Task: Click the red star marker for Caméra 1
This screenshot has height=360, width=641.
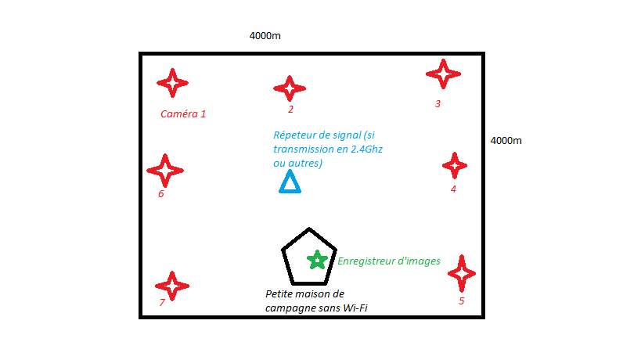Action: pos(172,82)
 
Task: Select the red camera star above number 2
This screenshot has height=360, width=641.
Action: pos(290,89)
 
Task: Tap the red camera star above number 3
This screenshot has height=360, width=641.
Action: pos(443,74)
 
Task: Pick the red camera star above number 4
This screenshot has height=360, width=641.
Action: pos(455,165)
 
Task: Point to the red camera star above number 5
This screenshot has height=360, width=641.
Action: pos(462,272)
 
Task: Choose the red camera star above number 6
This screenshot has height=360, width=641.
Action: pos(165,170)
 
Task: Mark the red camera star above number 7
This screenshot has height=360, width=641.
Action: pos(172,286)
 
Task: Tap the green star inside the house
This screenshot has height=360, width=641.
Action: pos(317,260)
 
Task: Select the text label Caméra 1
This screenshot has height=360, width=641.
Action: pos(183,113)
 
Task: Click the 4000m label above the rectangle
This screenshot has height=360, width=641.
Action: pos(265,36)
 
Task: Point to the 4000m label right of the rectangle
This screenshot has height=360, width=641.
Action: pos(506,141)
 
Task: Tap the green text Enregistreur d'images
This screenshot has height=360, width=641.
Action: pos(389,261)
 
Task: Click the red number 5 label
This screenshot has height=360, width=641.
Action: pos(461,301)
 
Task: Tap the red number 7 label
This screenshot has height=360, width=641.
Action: pos(162,302)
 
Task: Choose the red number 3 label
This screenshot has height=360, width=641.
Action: pos(438,103)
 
